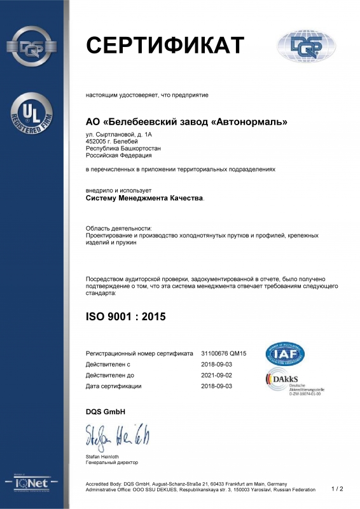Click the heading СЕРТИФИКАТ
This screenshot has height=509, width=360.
(165, 45)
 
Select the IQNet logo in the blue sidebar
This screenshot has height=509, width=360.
(32, 485)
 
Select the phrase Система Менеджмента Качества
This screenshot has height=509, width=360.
(145, 198)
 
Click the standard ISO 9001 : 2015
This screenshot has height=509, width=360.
(125, 316)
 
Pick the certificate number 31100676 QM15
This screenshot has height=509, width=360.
(223, 353)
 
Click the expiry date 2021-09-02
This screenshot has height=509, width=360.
(218, 375)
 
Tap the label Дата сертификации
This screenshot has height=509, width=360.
(113, 386)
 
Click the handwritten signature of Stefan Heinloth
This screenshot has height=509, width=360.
(118, 438)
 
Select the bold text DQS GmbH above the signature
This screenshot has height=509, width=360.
(106, 412)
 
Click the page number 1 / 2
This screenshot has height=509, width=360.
(337, 489)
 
